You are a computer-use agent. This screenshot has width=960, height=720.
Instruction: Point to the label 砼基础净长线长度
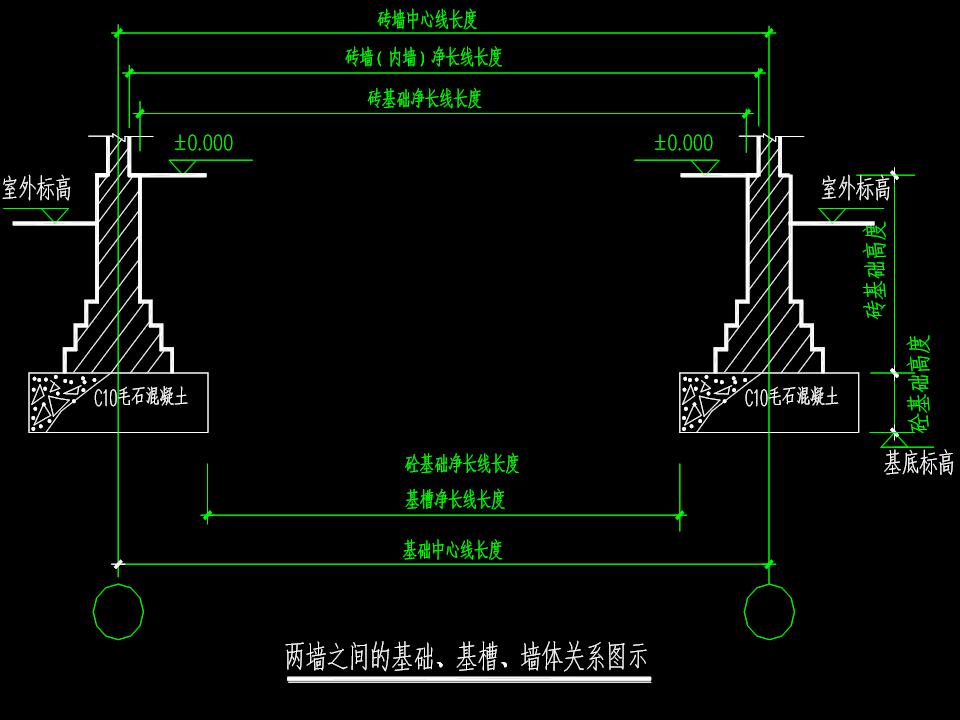[462, 464]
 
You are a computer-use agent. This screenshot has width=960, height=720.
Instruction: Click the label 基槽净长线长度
[455, 500]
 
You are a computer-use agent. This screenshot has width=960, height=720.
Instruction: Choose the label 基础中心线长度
[452, 550]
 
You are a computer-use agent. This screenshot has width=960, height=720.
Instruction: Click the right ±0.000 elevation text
[684, 143]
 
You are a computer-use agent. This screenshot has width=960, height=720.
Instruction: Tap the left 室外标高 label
[36, 189]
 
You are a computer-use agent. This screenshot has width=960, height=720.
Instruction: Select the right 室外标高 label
[855, 189]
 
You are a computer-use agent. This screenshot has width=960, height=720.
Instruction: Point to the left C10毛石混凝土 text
[140, 398]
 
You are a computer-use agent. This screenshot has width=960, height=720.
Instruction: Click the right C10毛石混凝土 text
[791, 398]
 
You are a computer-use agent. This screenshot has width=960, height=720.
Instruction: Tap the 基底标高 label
[918, 463]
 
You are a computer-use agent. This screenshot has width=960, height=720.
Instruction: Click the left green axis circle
[118, 610]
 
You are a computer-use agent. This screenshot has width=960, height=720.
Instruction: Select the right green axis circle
[769, 610]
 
